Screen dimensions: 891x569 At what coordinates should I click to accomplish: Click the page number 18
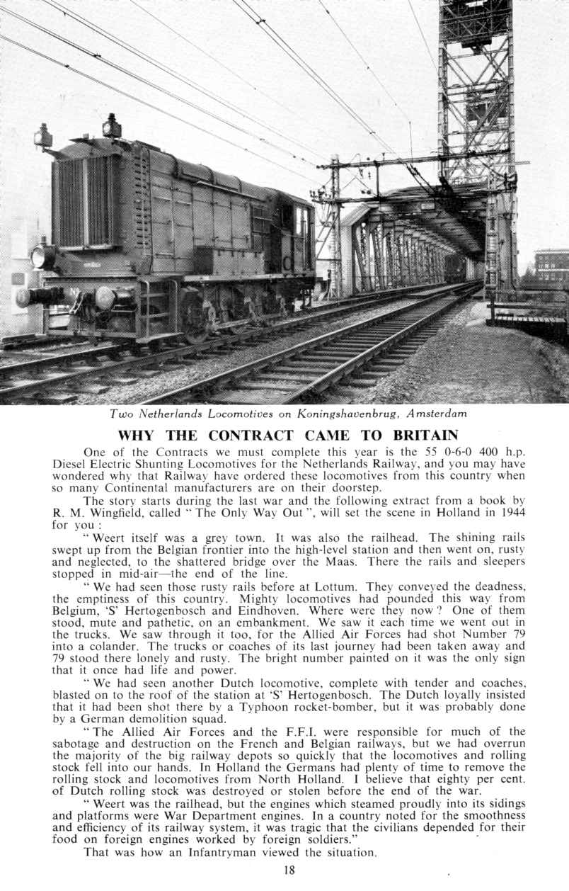click(x=289, y=870)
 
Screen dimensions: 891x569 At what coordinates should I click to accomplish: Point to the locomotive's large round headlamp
click(x=41, y=256)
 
